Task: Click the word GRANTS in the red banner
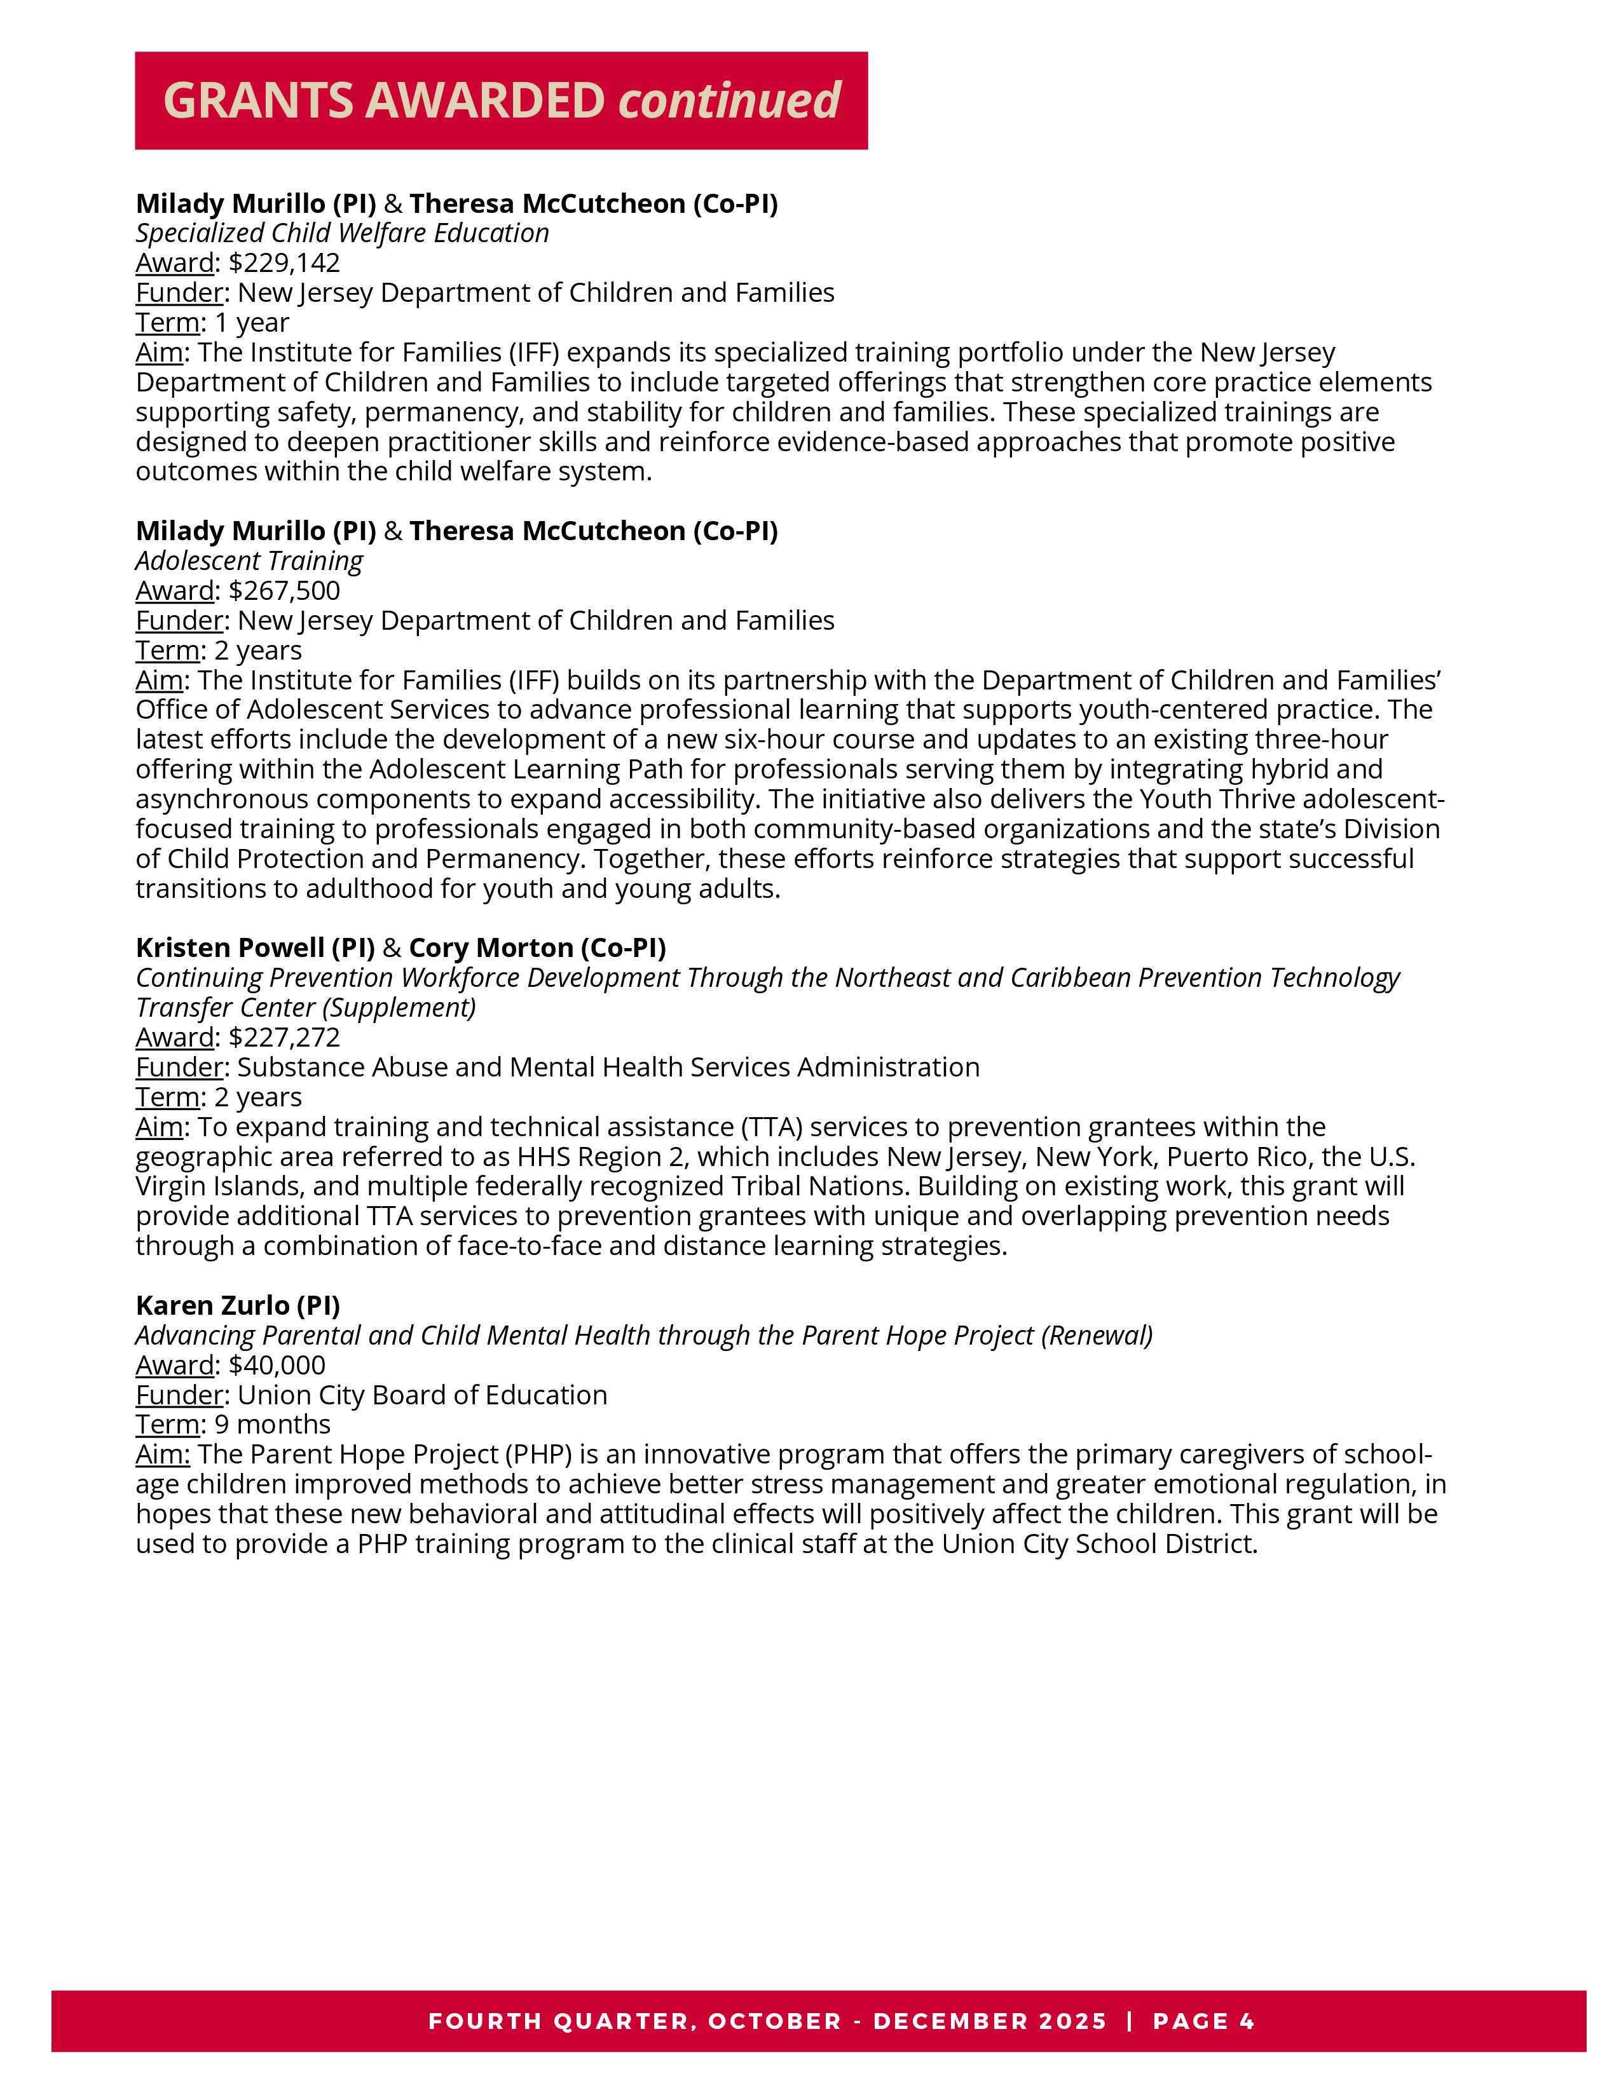pyautogui.click(x=257, y=101)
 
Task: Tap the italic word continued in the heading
pyautogui.click(x=730, y=101)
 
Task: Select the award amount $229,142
pyautogui.click(x=284, y=263)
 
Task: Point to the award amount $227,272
pyautogui.click(x=284, y=1038)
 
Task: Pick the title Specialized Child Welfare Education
pyautogui.click(x=343, y=233)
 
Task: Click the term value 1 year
pyautogui.click(x=252, y=323)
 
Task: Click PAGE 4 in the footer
pyautogui.click(x=1204, y=2021)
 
